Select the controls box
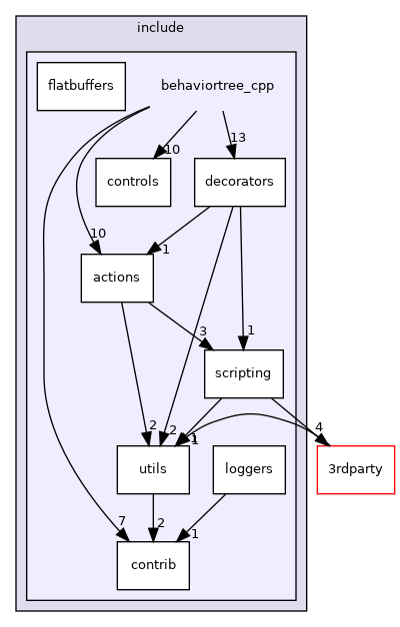tap(133, 183)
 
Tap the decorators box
tap(240, 183)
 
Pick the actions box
tap(116, 277)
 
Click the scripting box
tap(243, 374)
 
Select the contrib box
tap(153, 565)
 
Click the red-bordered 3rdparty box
tap(356, 469)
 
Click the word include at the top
tap(160, 27)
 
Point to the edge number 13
tap(237, 137)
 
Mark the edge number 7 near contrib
tap(121, 522)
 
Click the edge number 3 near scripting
tap(202, 330)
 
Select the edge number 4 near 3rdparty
tap(319, 427)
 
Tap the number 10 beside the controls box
tap(171, 150)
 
